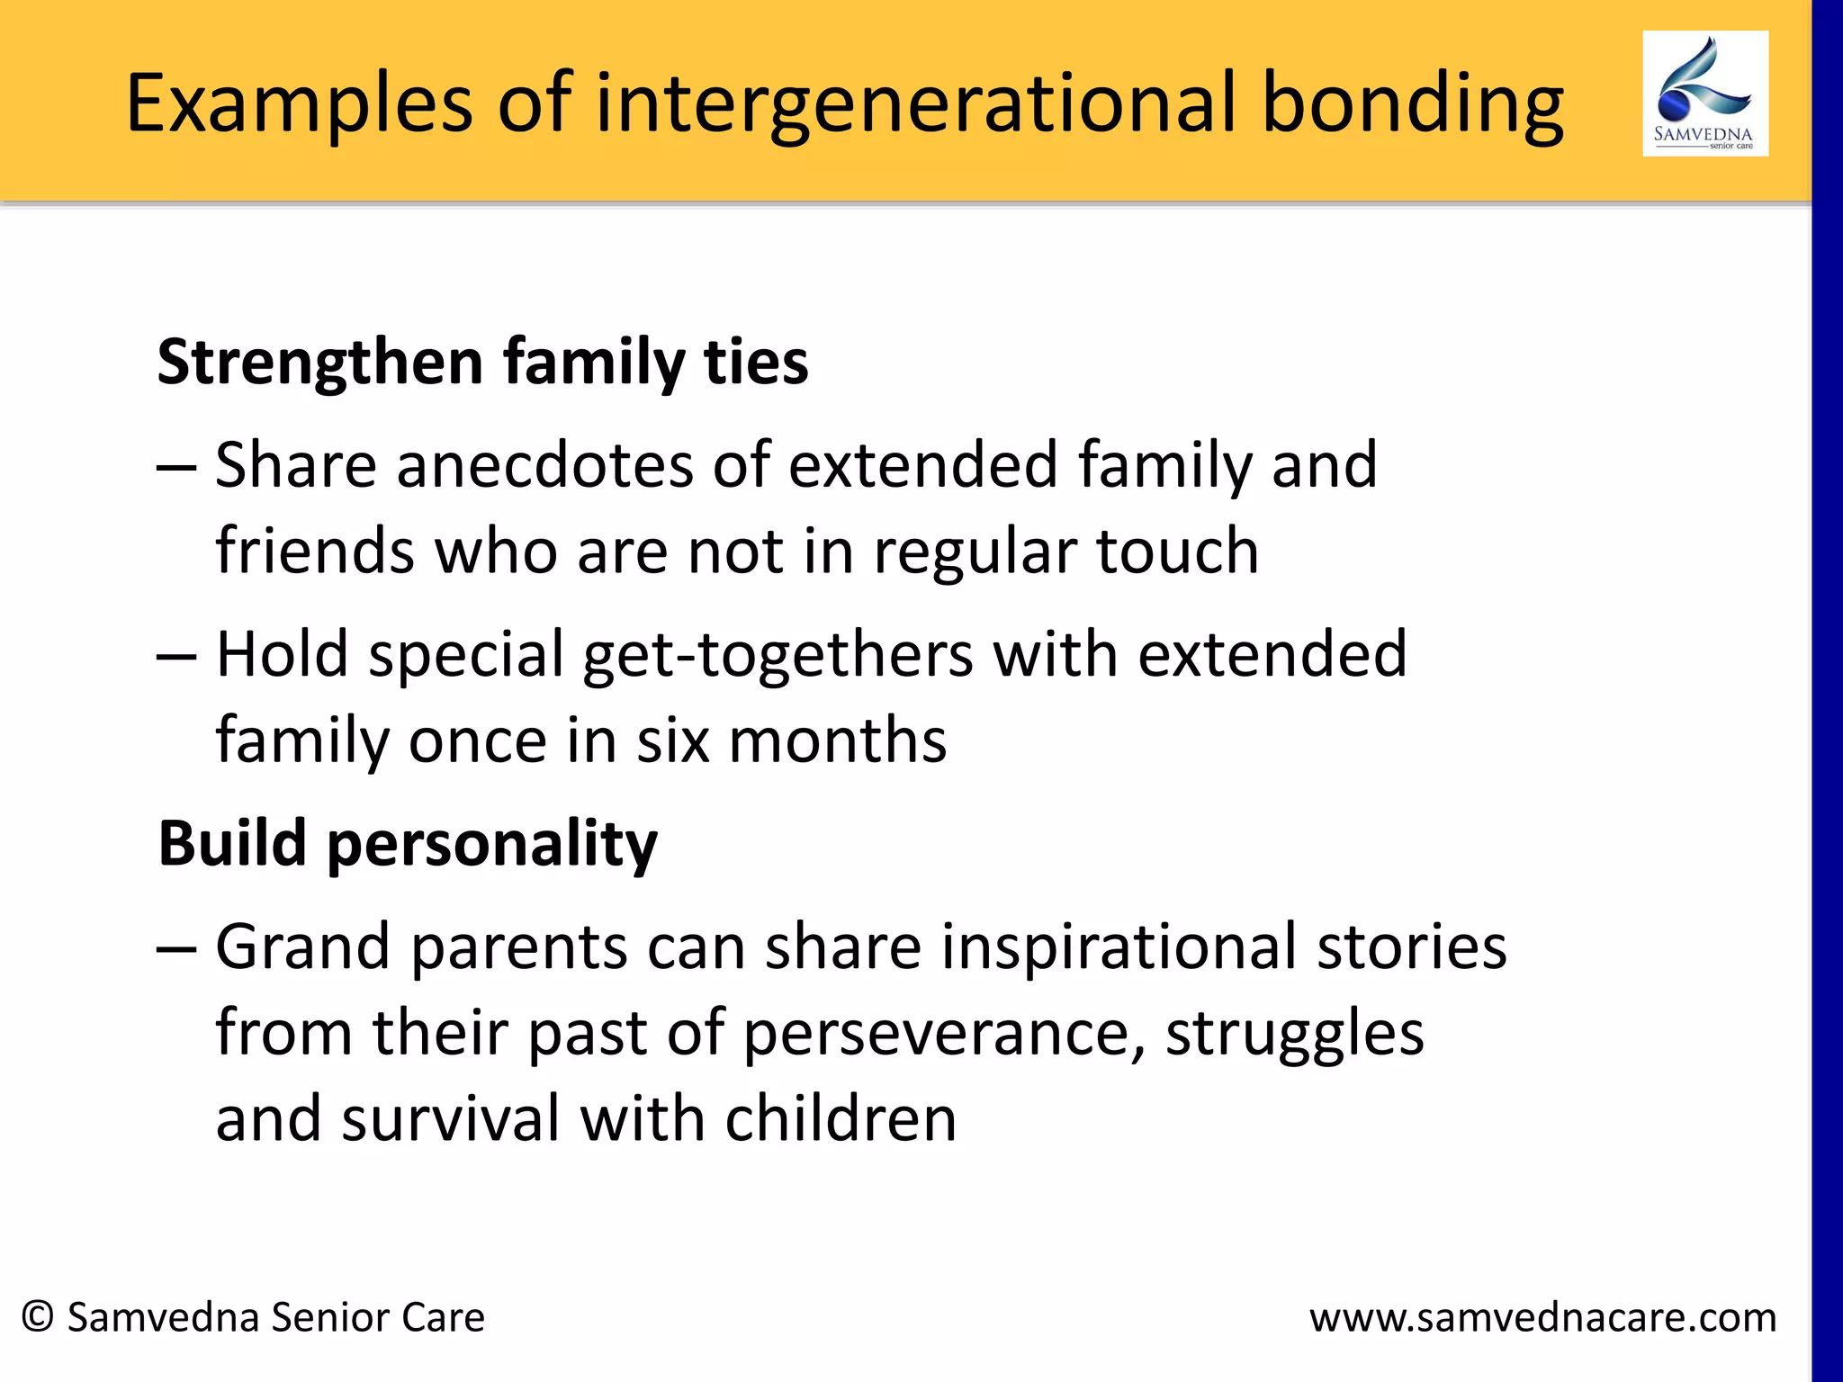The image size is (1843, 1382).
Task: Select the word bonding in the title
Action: click(1412, 104)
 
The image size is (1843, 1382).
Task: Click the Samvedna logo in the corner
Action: click(1704, 94)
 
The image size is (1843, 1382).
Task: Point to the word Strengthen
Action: click(320, 363)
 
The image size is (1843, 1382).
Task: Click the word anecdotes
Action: click(544, 465)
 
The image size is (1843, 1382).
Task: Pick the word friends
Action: click(315, 551)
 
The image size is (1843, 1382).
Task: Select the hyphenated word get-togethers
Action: click(778, 655)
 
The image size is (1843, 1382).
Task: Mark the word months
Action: click(837, 740)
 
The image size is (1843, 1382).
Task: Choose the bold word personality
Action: click(492, 846)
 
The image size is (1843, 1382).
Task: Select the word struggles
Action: click(1295, 1033)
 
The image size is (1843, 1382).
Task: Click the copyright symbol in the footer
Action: click(38, 1317)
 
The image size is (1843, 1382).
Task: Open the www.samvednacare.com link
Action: click(1542, 1318)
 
